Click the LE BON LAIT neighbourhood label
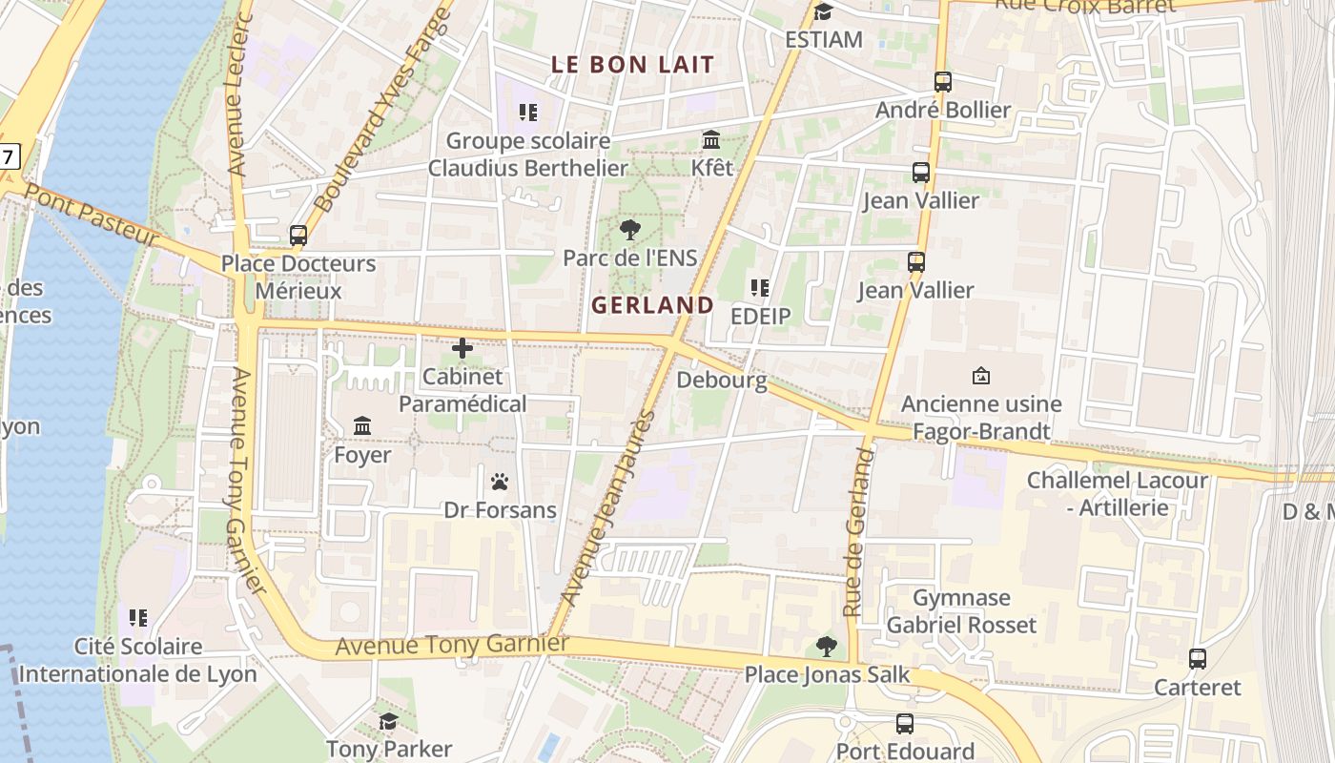(633, 65)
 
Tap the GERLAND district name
(652, 305)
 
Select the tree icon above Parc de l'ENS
(629, 229)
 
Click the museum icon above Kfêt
(711, 140)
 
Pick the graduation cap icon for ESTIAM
(824, 12)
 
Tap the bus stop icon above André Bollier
(943, 82)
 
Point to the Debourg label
(722, 381)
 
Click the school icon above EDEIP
(760, 287)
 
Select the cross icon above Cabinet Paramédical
(462, 348)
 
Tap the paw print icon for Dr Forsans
(500, 482)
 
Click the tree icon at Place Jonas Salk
(827, 647)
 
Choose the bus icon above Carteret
(1198, 658)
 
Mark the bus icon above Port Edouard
(905, 724)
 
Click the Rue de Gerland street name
(858, 532)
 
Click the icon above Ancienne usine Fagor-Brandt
(980, 376)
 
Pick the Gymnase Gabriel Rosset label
(961, 611)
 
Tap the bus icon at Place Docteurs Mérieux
(298, 235)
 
